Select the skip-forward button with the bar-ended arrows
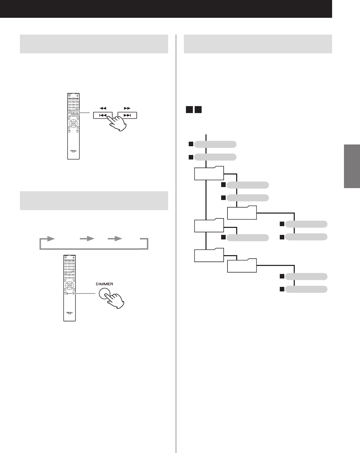[127, 115]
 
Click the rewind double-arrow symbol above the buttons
[103, 108]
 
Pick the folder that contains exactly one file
[209, 225]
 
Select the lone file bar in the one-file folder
[248, 238]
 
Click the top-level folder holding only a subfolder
[209, 255]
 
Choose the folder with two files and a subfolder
[209, 173]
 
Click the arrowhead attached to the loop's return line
[51, 238]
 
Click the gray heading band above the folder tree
[257, 44]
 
